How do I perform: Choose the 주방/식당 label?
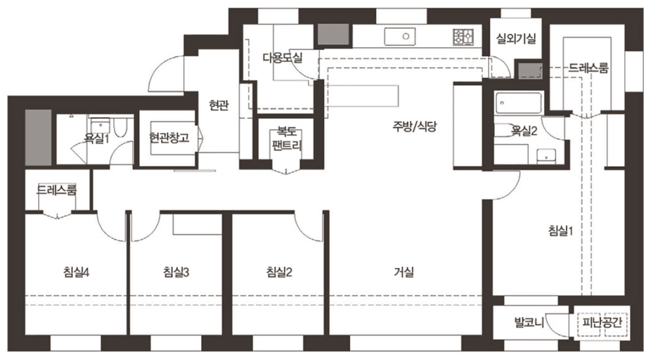(x=415, y=127)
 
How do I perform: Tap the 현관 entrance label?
(x=219, y=105)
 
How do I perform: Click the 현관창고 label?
(x=169, y=138)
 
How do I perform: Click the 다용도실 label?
(x=282, y=58)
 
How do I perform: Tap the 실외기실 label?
(x=517, y=39)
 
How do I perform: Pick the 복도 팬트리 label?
(x=286, y=139)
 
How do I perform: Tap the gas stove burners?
(x=465, y=34)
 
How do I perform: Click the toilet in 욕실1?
(x=121, y=129)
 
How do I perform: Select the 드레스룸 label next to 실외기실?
(x=588, y=68)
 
